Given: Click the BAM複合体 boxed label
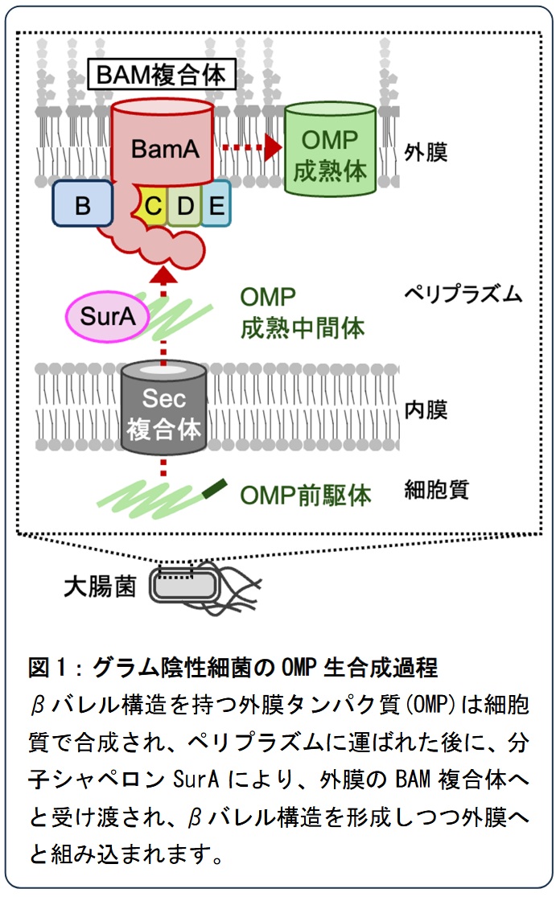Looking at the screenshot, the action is click(161, 74).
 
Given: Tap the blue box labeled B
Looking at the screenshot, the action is click(82, 203).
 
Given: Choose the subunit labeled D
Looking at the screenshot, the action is click(184, 205).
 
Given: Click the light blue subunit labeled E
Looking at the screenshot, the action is click(216, 204).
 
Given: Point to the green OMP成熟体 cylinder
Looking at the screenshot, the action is click(330, 150).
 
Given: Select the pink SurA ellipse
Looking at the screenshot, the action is click(107, 316).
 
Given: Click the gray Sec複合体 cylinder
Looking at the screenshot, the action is click(163, 409).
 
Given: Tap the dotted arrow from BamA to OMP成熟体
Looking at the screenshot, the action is click(251, 147).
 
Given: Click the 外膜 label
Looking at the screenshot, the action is click(426, 153).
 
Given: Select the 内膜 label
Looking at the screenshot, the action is click(426, 410).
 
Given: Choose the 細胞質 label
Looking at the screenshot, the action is click(436, 490).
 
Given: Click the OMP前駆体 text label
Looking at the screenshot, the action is click(306, 496).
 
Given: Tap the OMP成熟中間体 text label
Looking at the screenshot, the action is click(302, 313).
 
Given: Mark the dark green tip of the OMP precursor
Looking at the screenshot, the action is click(215, 488).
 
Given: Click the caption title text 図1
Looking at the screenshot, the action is click(47, 668).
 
